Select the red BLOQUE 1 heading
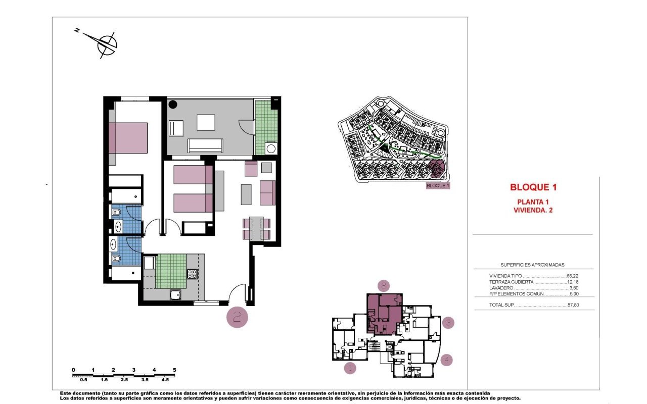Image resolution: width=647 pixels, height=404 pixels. tap(533, 187)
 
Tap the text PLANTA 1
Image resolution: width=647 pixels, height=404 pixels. tap(533, 201)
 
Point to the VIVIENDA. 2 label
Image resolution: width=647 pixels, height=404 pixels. tap(533, 211)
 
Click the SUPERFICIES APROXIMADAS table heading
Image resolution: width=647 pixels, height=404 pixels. tap(532, 265)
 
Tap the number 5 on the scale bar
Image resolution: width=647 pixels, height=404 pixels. tap(174, 370)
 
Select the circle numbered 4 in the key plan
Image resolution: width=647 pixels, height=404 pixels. tap(446, 360)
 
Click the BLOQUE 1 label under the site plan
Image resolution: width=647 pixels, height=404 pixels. tap(438, 186)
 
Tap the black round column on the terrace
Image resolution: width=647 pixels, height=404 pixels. tap(173, 105)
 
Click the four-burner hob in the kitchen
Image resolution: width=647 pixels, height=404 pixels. tap(193, 274)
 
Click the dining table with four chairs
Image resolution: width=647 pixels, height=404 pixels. tap(256, 228)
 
